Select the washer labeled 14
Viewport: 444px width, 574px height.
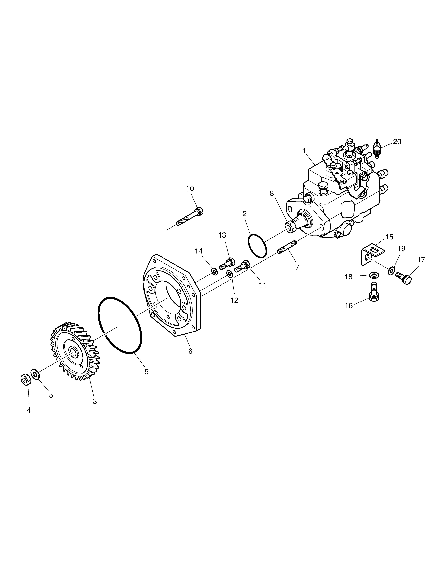tap(214, 271)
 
